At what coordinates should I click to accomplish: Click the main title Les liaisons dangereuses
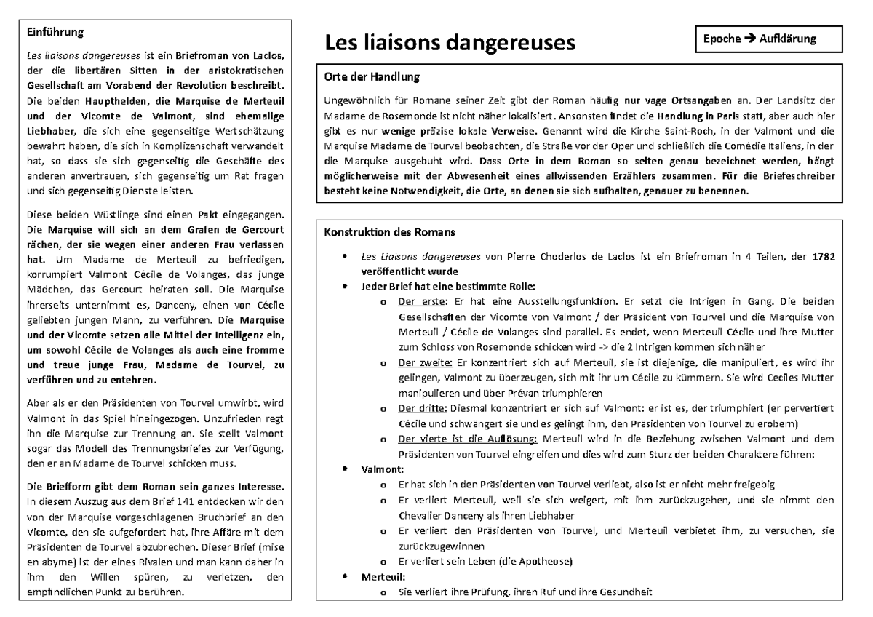tap(449, 42)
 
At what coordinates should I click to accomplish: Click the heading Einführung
tap(55, 32)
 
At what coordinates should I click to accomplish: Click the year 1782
tap(823, 256)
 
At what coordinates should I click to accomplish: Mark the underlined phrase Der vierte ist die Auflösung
tap(466, 439)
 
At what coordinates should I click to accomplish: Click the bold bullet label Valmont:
tap(382, 469)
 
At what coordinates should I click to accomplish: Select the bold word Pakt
tap(208, 215)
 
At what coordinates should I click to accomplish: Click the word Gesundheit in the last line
tap(625, 592)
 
